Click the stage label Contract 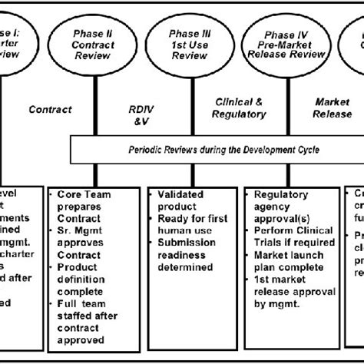[50, 110]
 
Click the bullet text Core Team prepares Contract [85, 201]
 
